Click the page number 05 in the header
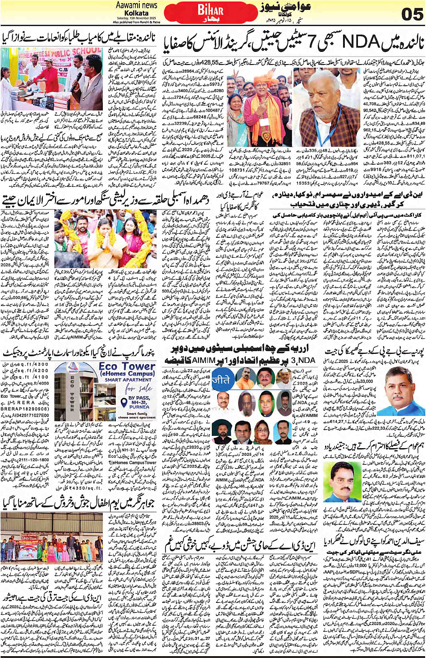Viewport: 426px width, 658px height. pyautogui.click(x=412, y=14)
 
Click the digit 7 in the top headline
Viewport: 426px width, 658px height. pyautogui.click(x=302, y=43)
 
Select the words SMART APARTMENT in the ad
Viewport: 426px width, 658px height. pyautogui.click(x=128, y=380)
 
